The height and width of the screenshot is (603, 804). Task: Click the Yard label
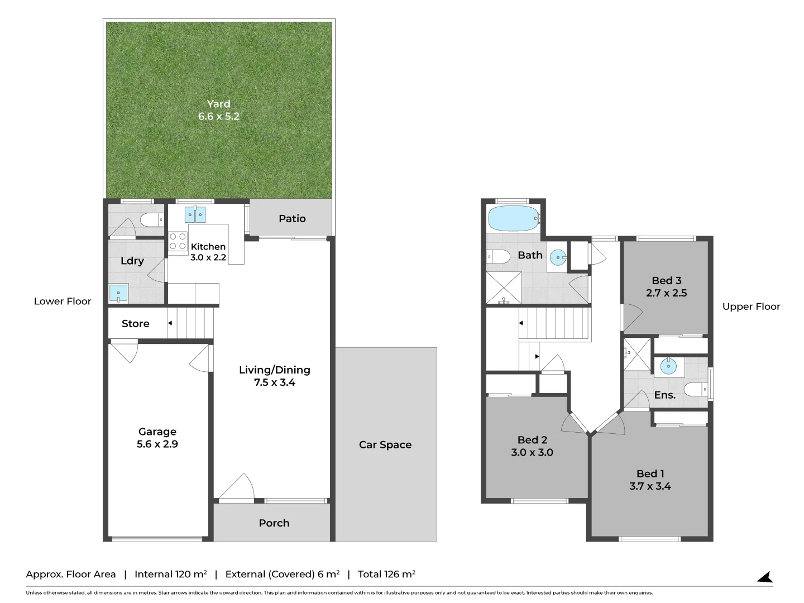point(219,104)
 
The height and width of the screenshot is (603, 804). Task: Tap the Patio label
point(292,218)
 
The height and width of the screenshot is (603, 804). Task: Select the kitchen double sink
point(195,214)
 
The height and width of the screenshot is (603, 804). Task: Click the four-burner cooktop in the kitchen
point(178,242)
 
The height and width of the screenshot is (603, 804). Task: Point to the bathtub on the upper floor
point(514,218)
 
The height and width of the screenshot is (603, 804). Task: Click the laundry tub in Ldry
point(118,293)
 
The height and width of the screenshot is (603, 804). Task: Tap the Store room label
point(136,324)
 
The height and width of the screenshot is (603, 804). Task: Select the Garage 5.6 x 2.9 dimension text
point(157,444)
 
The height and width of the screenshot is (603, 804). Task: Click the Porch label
point(274,523)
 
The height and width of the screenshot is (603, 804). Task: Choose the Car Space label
point(385,444)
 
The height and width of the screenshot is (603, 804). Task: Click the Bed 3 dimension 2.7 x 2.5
point(666,293)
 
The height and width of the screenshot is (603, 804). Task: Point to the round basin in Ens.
point(669,366)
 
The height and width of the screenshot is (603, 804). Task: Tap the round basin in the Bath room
point(558,257)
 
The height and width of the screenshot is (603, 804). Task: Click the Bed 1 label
point(650,474)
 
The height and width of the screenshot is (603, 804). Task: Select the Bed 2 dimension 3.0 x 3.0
point(532,452)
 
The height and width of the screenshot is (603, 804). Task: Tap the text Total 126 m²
point(386,574)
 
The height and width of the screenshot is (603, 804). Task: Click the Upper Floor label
point(751,307)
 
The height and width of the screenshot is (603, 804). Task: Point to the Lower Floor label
point(63,301)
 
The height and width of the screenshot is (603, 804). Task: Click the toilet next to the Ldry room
point(152,219)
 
